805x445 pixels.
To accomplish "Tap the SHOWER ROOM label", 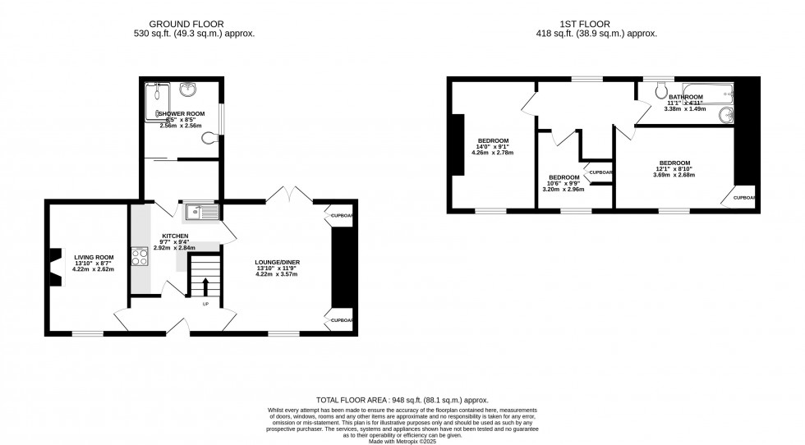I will coord(181,113).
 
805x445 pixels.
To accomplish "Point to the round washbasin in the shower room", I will coord(188,89).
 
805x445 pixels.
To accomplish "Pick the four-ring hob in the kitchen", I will coord(138,258).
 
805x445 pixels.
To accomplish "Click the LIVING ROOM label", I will coord(94,257).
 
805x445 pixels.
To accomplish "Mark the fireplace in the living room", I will coord(57,268).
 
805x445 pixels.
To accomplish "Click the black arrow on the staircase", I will coord(205,287).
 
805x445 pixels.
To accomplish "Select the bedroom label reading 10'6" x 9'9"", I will coord(563,183).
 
